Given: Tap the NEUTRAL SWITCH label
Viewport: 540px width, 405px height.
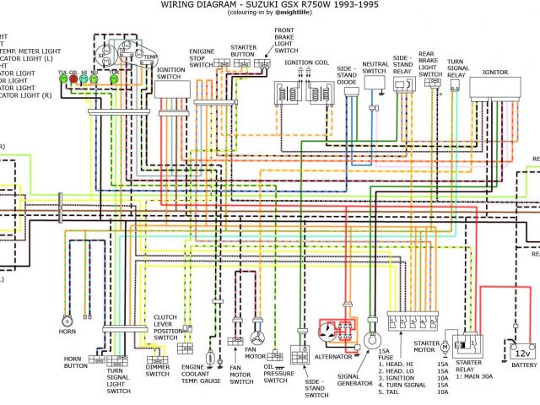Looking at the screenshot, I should coord(375,67).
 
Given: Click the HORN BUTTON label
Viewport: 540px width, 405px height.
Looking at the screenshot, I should coord(77,363).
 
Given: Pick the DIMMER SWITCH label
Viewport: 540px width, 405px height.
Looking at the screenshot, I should coord(158,370).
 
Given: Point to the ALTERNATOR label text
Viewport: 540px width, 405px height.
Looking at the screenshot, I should coord(332,356).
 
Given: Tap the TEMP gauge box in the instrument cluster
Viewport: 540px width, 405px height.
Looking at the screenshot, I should coord(148,57).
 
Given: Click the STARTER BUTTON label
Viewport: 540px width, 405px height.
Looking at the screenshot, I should coord(242,55).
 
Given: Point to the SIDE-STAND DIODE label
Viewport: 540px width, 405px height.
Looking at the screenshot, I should coord(346,75).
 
